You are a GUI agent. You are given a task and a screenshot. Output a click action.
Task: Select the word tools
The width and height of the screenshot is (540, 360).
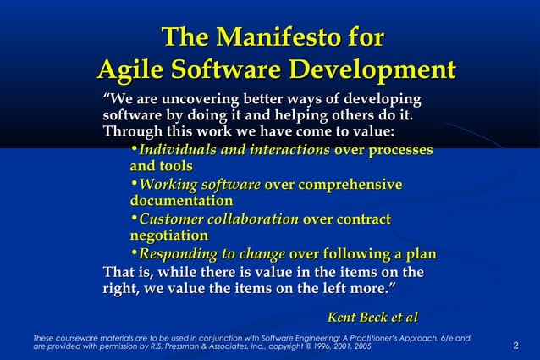pyautogui.click(x=176, y=167)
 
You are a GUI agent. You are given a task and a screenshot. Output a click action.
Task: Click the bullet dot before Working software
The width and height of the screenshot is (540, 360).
pyautogui.click(x=134, y=184)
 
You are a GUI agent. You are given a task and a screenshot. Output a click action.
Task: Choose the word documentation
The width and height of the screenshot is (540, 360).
pyautogui.click(x=180, y=202)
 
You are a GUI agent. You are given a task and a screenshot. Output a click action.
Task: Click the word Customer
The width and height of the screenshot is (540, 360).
pyautogui.click(x=169, y=219)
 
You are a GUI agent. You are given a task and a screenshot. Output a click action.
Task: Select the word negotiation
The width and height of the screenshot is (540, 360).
pyautogui.click(x=168, y=235)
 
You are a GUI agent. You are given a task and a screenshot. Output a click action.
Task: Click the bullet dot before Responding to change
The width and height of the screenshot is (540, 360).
pyautogui.click(x=134, y=253)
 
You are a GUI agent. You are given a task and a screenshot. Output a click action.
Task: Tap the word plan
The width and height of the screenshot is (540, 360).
pyautogui.click(x=418, y=254)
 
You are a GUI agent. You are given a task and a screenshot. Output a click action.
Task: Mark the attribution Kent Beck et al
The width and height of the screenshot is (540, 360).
pyautogui.click(x=372, y=317)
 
